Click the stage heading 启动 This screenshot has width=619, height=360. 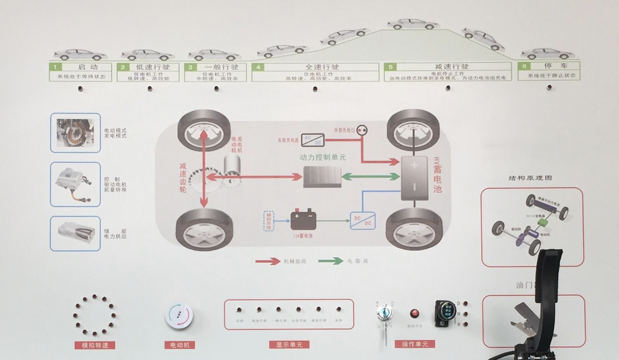[x=87, y=67]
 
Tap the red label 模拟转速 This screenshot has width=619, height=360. [x=95, y=345]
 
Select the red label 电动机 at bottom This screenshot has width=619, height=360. [x=179, y=345]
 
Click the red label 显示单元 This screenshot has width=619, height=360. [x=289, y=344]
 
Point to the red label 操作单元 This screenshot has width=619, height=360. [x=415, y=344]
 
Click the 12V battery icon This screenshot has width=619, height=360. [x=303, y=220]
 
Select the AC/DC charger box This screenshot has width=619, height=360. [x=312, y=140]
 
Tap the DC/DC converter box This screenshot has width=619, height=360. [x=362, y=220]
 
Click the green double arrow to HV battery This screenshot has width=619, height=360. [x=371, y=177]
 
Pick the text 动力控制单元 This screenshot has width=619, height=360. [x=323, y=157]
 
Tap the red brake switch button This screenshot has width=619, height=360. [x=414, y=314]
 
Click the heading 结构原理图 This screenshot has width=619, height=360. [x=530, y=178]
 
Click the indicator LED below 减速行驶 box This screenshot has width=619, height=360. [x=448, y=88]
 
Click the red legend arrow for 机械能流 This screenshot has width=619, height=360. [x=268, y=261]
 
